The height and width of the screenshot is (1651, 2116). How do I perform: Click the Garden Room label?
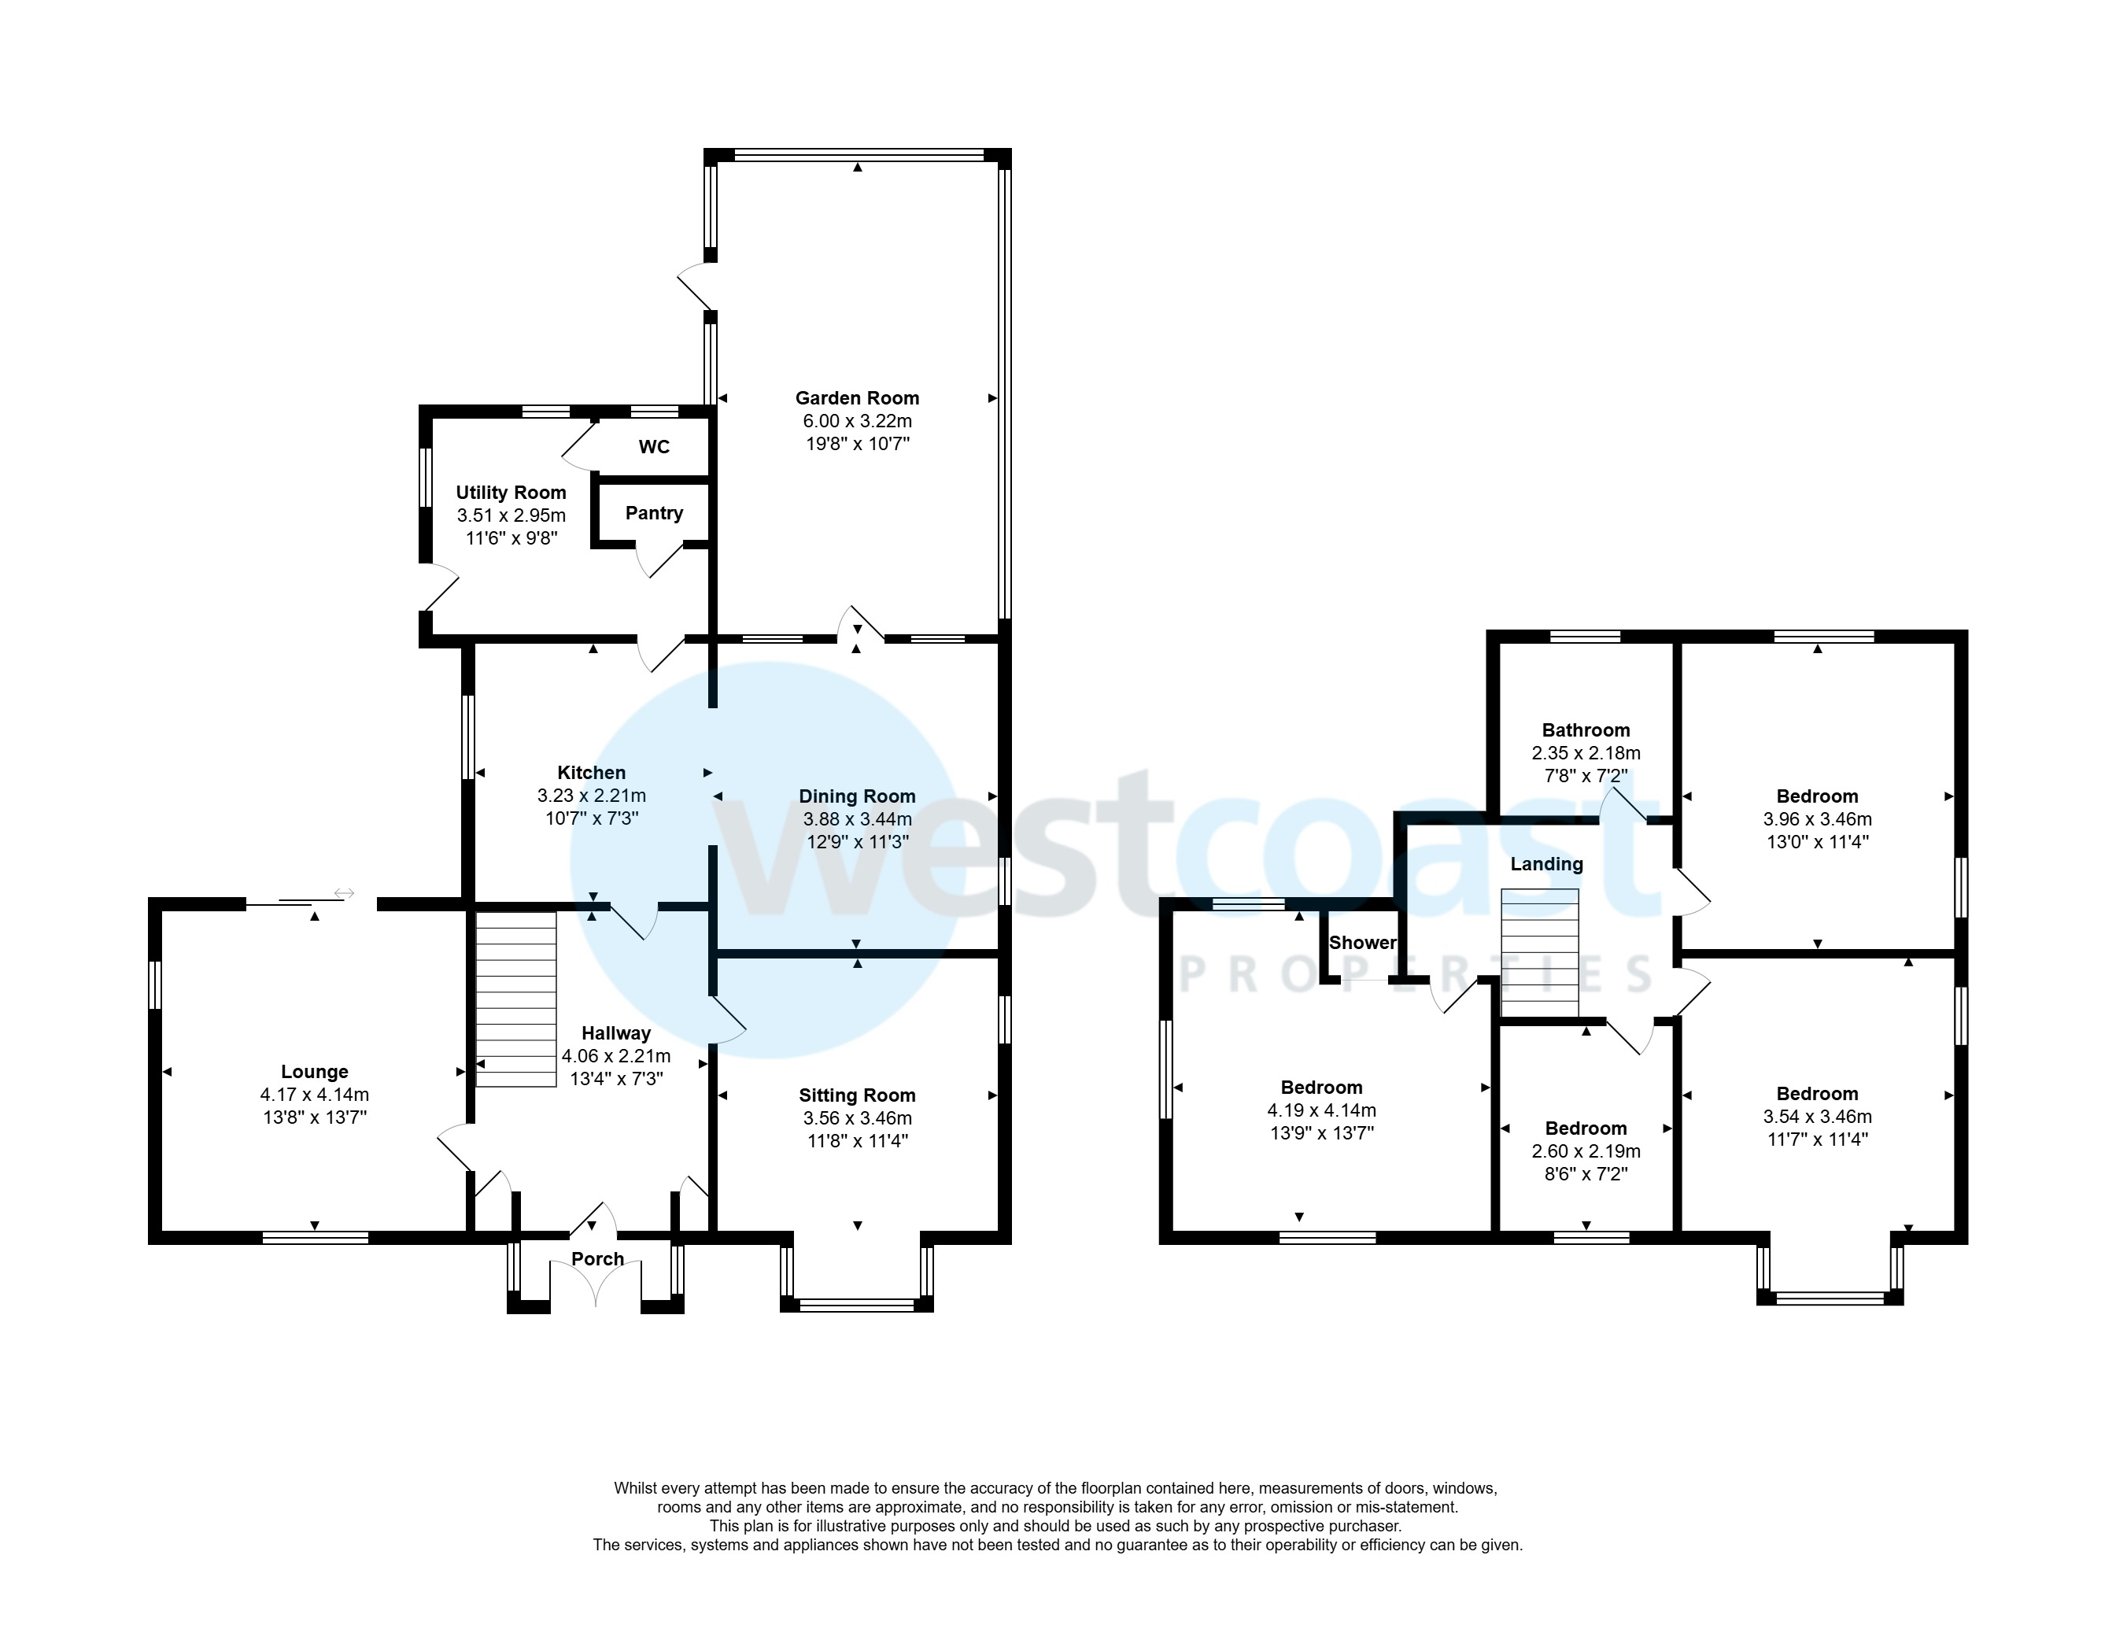pyautogui.click(x=856, y=397)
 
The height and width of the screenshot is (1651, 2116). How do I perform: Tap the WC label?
pyautogui.click(x=654, y=447)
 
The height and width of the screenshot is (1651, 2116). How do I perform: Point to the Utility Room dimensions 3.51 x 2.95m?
pyautogui.click(x=511, y=515)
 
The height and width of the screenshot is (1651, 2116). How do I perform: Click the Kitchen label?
pyautogui.click(x=591, y=772)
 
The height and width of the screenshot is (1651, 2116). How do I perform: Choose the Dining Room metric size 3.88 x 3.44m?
pyautogui.click(x=856, y=818)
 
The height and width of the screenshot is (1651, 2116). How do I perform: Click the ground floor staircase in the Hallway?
pyautogui.click(x=515, y=999)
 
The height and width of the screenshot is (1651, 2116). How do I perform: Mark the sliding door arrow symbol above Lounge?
pyautogui.click(x=344, y=892)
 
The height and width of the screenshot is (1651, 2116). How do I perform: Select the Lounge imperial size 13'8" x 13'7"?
pyautogui.click(x=314, y=1117)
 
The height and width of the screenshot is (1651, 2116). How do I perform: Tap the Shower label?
pyautogui.click(x=1362, y=942)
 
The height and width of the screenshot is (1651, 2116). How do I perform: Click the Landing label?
pyautogui.click(x=1546, y=863)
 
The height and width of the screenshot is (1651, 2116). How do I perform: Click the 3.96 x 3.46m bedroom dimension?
pyautogui.click(x=1817, y=818)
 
